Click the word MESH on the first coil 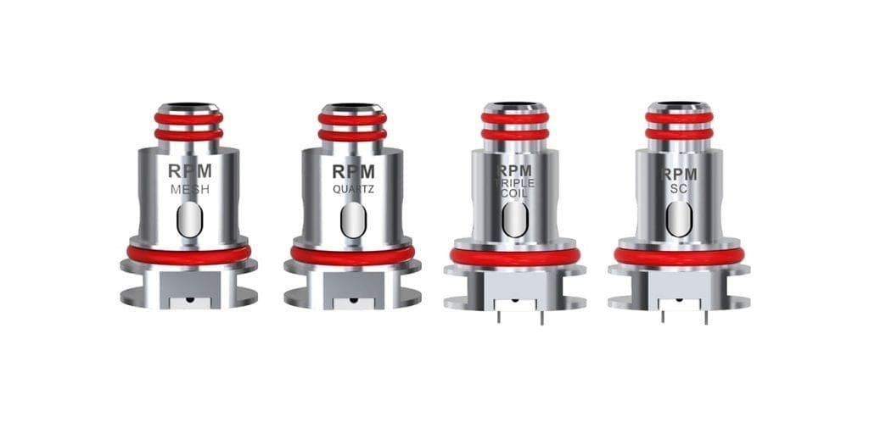[189, 189]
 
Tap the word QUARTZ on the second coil [353, 189]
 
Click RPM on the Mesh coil [189, 171]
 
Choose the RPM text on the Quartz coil [353, 171]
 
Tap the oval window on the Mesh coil [189, 220]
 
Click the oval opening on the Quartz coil [353, 220]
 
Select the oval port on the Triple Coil [515, 220]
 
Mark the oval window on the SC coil [679, 220]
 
